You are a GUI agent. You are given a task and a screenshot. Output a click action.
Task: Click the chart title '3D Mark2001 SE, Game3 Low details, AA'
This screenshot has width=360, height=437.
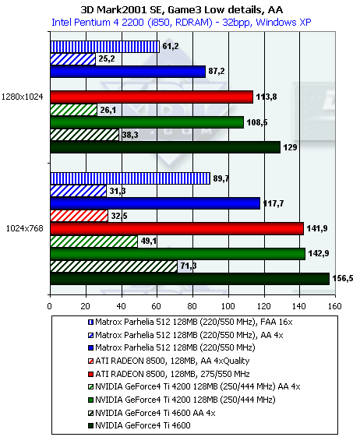point(182,10)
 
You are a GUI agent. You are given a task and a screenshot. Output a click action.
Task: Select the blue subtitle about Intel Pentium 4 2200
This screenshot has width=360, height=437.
point(182,23)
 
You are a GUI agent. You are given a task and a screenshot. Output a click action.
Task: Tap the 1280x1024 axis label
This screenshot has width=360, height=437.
point(23,97)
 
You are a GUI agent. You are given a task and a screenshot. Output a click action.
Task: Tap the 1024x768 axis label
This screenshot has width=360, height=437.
point(25,228)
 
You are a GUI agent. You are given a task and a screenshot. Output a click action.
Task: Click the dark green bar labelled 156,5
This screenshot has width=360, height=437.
point(189,279)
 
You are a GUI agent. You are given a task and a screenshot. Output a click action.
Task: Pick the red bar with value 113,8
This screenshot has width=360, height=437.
point(151,97)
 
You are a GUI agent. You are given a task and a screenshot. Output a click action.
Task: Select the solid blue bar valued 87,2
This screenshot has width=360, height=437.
point(128,72)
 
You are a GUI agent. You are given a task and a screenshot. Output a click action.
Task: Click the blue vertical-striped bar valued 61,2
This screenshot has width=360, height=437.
point(105,47)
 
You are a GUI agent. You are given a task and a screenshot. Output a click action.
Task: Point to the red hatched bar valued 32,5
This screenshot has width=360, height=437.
point(79,216)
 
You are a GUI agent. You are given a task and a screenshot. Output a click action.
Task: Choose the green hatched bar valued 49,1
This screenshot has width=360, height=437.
point(94,241)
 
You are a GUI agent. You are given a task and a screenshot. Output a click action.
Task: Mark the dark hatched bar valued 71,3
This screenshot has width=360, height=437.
point(114,266)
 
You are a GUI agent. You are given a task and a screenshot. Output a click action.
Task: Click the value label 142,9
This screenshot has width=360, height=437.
point(319,253)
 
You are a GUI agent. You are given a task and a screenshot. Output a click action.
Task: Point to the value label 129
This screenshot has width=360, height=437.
point(290,147)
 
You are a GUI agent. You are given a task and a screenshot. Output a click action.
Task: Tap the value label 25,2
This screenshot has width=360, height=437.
point(107,58)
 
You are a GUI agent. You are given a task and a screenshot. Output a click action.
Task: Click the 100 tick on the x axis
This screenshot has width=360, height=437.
point(228,306)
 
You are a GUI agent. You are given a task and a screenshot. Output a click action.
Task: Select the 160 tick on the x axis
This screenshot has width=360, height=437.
point(335,306)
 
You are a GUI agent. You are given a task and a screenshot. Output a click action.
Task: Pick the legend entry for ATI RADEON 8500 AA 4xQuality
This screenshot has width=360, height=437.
point(169,361)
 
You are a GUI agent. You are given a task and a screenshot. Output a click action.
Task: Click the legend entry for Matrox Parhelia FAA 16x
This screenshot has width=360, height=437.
point(190,322)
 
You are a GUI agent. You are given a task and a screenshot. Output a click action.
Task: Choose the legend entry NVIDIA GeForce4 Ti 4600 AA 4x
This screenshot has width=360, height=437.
point(151,413)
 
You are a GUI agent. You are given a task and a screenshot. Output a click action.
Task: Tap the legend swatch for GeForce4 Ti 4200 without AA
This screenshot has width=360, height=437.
point(90,400)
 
